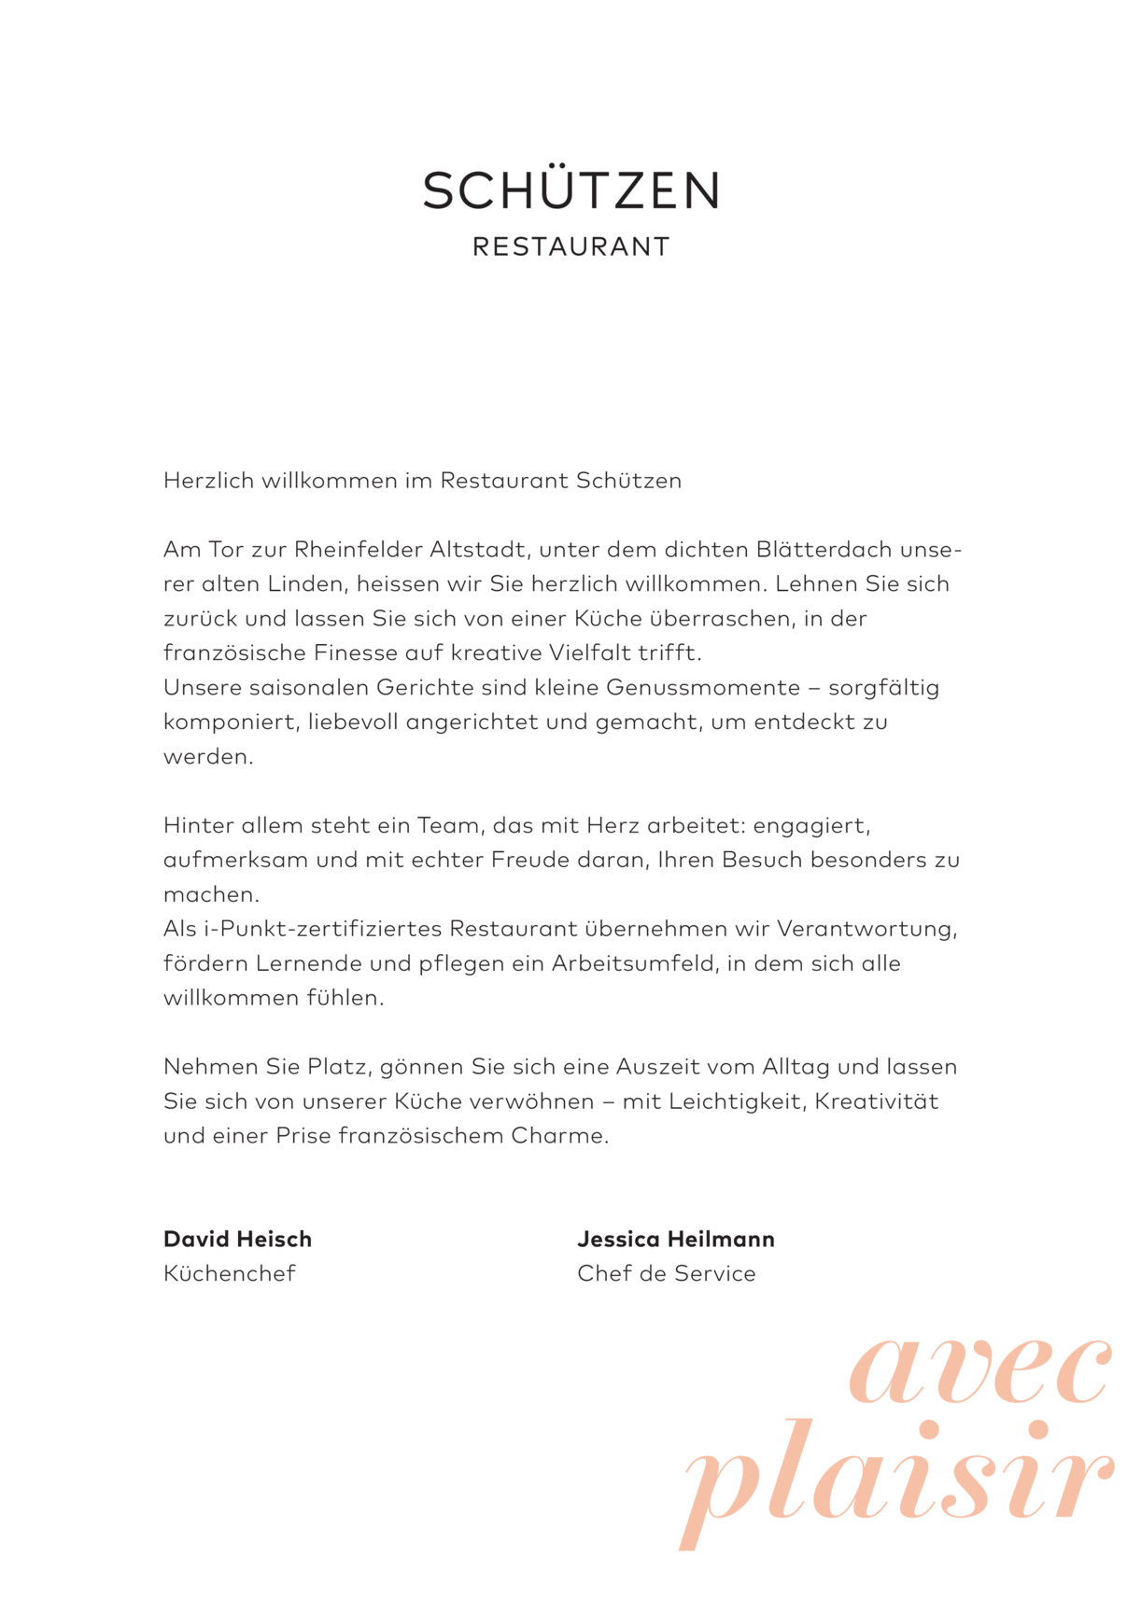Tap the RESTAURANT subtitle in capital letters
click(x=570, y=247)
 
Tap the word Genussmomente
click(x=703, y=688)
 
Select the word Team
click(x=448, y=825)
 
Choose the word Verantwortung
click(x=866, y=929)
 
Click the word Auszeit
click(x=657, y=1066)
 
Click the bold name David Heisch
click(x=237, y=1240)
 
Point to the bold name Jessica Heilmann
click(x=676, y=1240)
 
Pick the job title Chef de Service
click(x=667, y=1273)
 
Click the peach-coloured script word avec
click(x=980, y=1372)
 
